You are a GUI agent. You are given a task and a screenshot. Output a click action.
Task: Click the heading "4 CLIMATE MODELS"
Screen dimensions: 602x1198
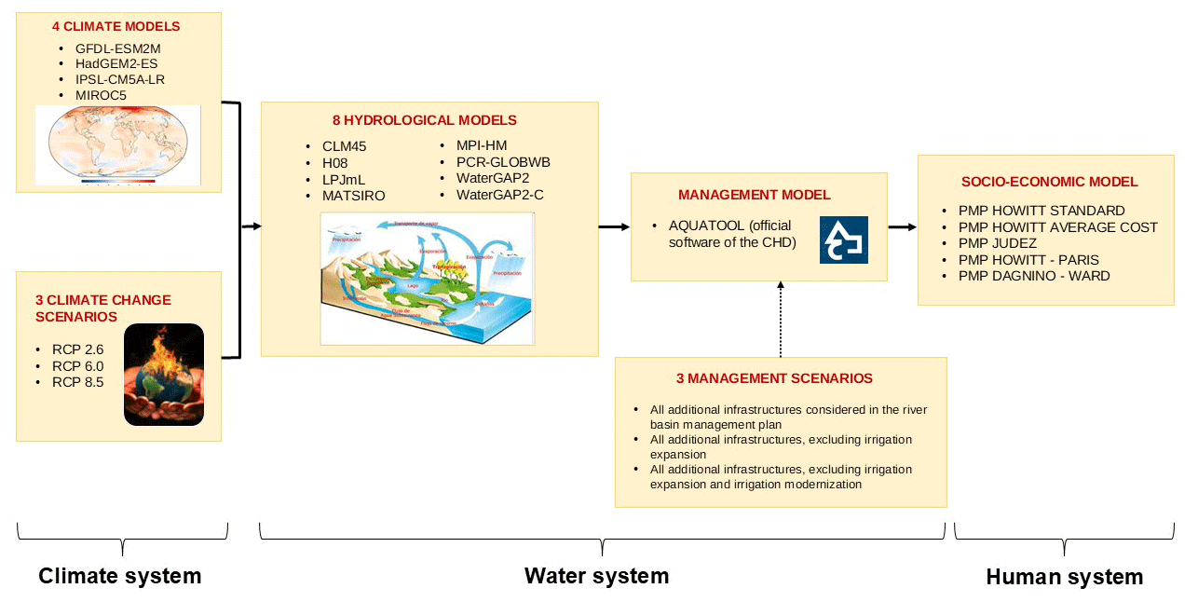click(116, 27)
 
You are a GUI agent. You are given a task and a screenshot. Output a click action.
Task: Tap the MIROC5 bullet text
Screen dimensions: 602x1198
click(101, 95)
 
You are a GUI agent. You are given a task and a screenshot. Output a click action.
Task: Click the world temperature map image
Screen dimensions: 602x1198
click(118, 144)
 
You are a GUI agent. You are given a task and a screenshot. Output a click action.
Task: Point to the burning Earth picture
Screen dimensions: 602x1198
click(164, 374)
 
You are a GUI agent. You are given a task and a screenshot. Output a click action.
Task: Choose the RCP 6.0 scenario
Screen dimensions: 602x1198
click(78, 366)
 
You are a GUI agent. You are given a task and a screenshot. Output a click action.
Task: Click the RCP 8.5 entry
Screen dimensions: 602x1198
click(78, 382)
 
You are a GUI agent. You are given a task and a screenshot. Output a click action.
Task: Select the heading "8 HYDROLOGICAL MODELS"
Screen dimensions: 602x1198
click(425, 120)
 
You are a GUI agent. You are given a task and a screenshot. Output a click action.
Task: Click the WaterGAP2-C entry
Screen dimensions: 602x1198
click(500, 195)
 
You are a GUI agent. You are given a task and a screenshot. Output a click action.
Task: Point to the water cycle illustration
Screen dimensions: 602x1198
click(428, 278)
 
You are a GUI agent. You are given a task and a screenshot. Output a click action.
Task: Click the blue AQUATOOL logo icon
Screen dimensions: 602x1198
click(844, 239)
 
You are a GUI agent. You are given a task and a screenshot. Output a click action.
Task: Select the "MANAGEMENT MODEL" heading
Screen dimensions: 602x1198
click(755, 196)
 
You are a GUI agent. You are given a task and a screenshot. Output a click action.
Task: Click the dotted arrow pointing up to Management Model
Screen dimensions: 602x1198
click(780, 319)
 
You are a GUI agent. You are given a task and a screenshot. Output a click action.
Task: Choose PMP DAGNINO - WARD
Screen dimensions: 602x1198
click(1034, 276)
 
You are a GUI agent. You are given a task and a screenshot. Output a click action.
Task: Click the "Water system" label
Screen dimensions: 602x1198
click(596, 576)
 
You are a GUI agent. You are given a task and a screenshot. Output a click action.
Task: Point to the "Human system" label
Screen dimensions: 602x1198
click(1065, 578)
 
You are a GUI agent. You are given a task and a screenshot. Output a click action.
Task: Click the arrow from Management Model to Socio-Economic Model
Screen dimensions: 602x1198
click(902, 226)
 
